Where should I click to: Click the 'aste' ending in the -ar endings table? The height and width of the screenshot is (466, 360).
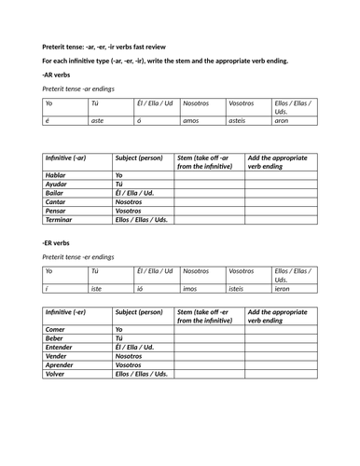[97, 120]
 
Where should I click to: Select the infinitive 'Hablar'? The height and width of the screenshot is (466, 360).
[59, 175]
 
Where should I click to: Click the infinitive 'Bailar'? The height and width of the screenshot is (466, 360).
[58, 193]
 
